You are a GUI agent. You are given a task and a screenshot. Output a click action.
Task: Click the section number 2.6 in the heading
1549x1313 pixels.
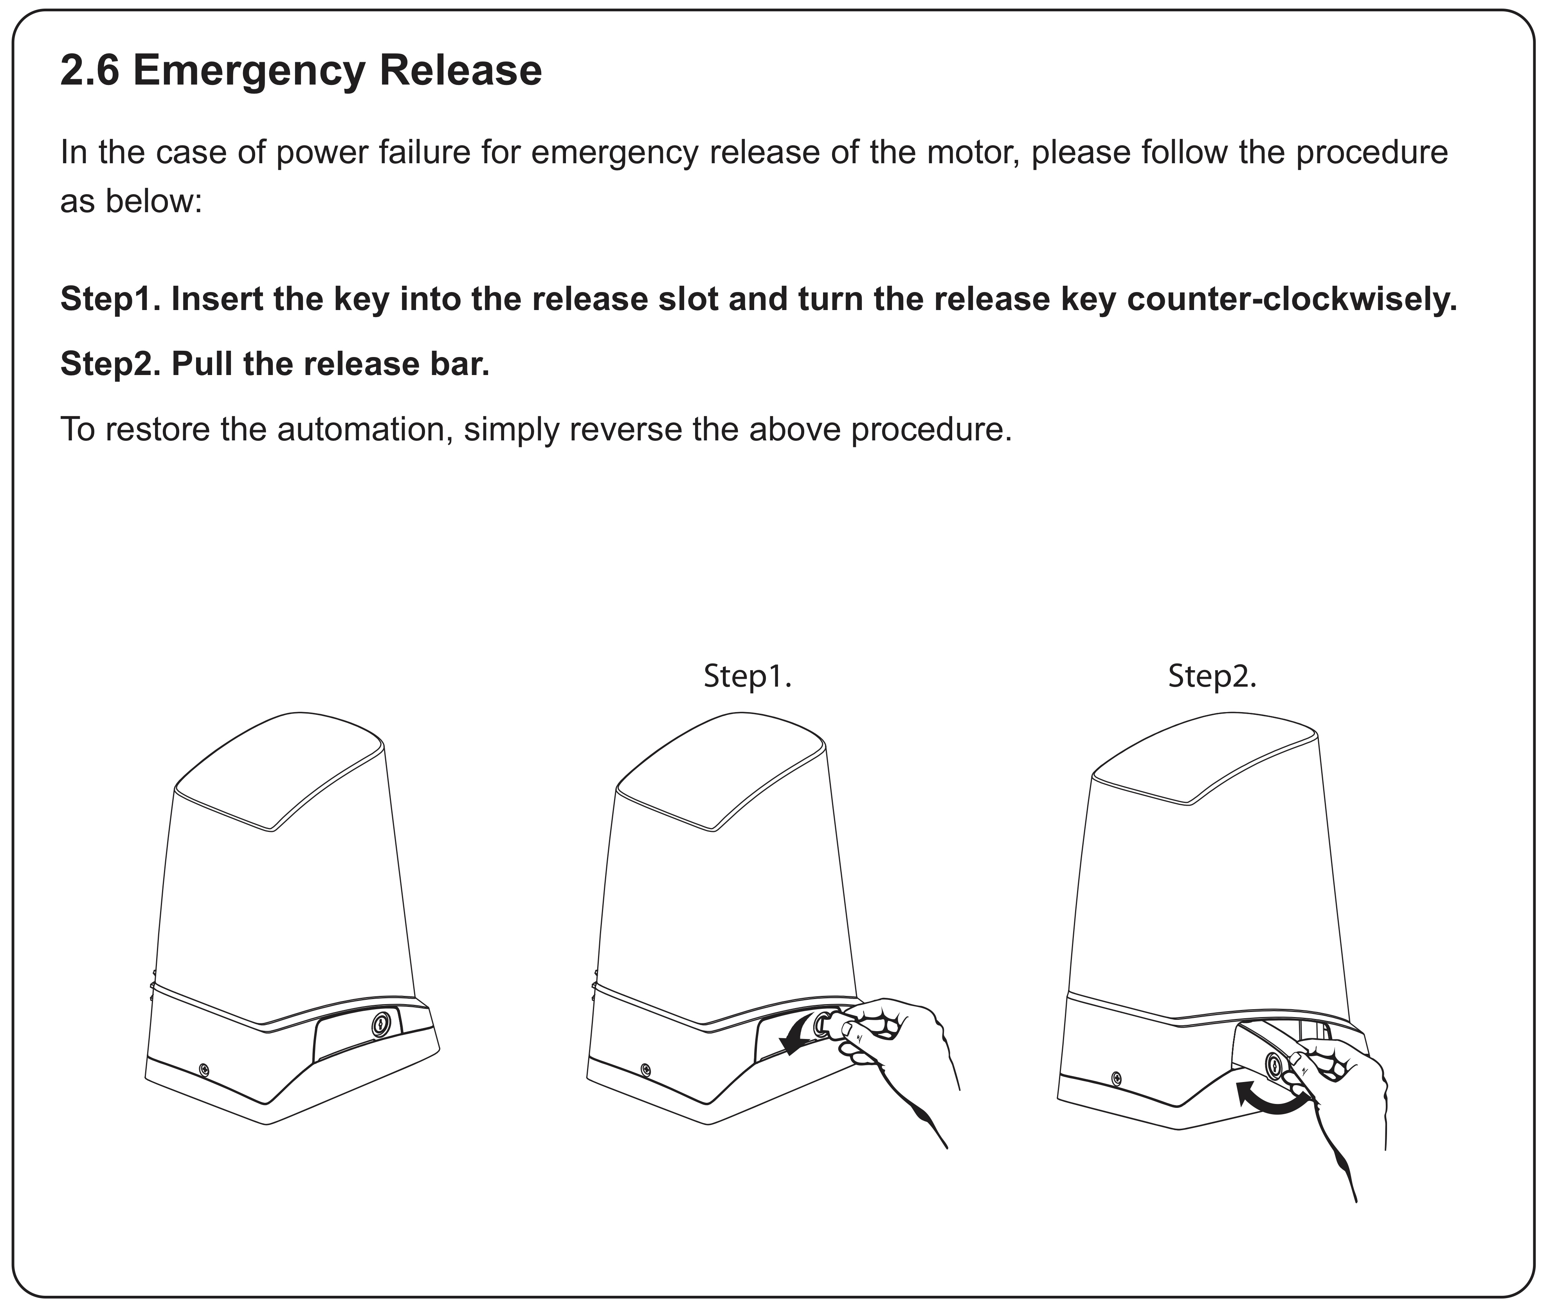pyautogui.click(x=89, y=72)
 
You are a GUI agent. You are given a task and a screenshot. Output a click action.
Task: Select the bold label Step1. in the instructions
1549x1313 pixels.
pyautogui.click(x=110, y=299)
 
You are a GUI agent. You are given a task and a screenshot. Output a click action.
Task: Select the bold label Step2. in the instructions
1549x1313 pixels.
pyautogui.click(x=110, y=364)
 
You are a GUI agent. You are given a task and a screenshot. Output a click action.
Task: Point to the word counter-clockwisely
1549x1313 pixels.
pyautogui.click(x=1291, y=299)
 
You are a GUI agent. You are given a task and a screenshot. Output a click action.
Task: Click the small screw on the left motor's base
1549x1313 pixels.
pyautogui.click(x=204, y=1070)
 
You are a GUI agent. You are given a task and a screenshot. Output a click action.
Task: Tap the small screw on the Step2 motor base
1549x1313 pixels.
pyautogui.click(x=1116, y=1078)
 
